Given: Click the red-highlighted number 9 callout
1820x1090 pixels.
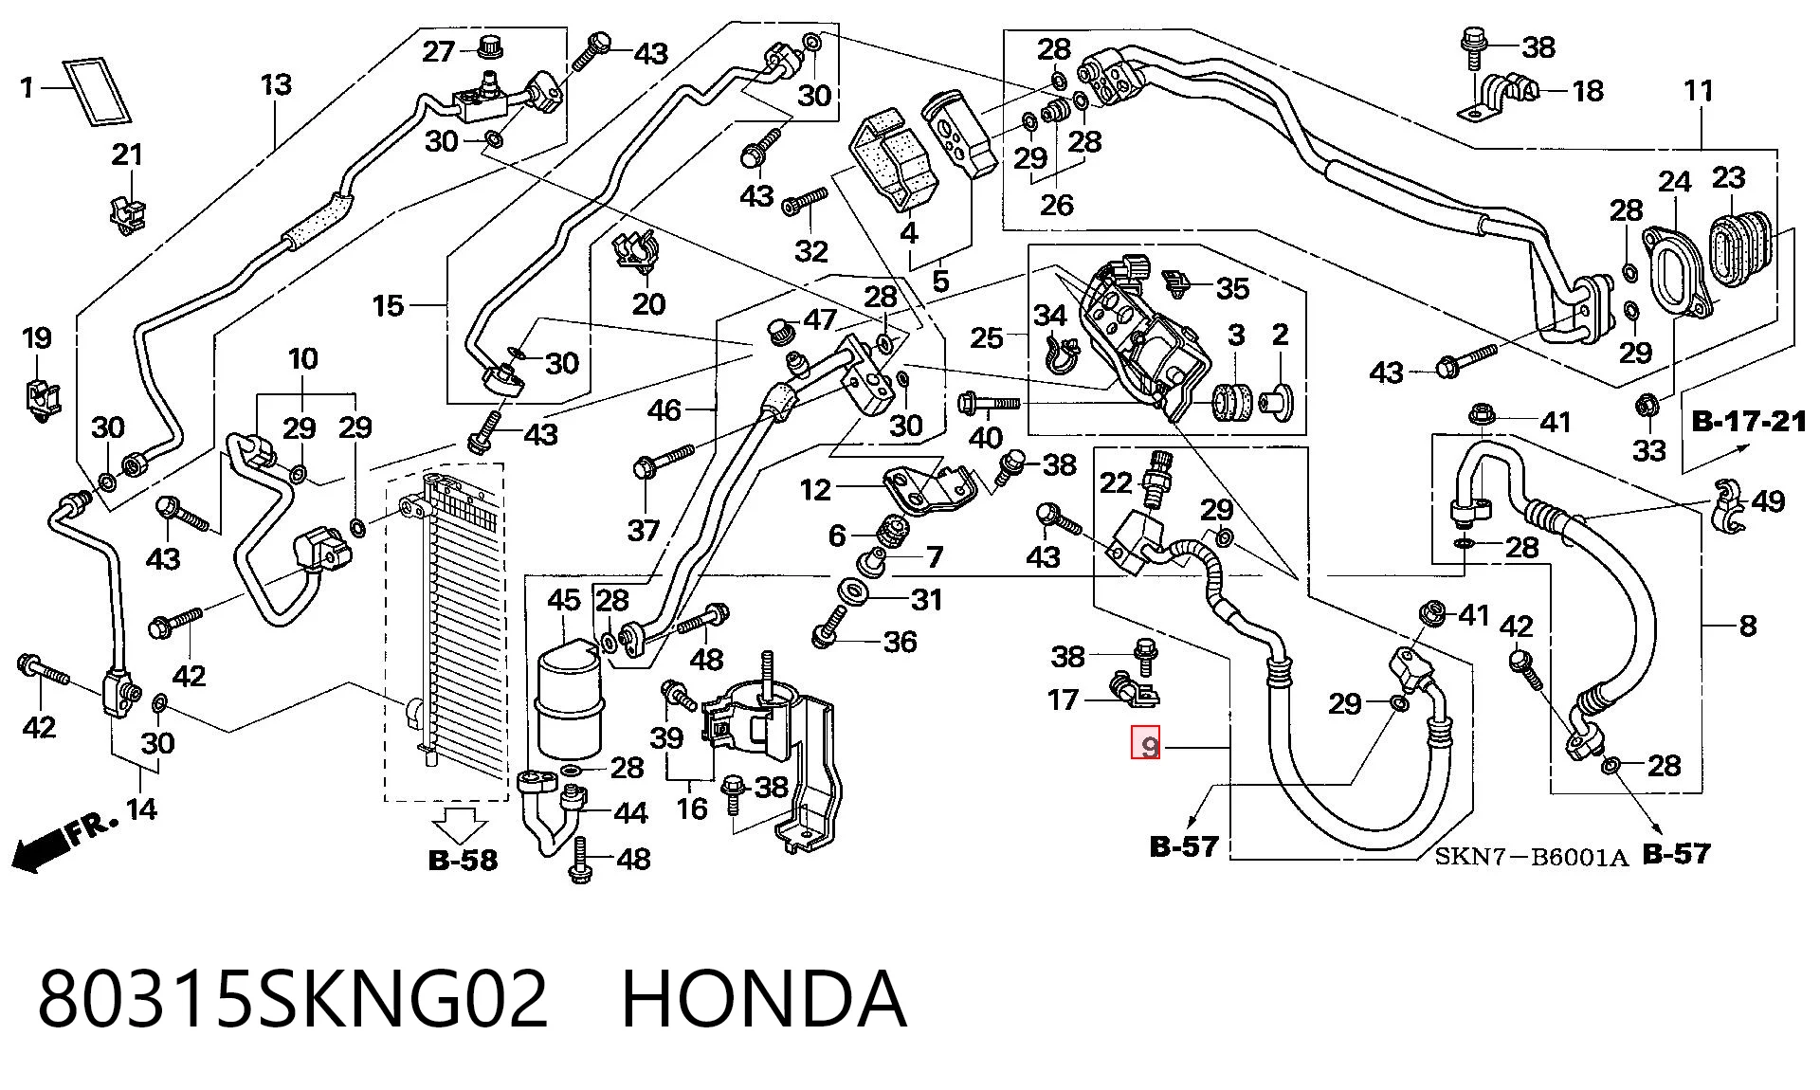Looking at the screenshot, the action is [x=1147, y=742].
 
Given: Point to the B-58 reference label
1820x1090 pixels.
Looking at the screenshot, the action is [x=463, y=860].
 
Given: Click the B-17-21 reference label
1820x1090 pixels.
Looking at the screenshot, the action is [x=1749, y=421].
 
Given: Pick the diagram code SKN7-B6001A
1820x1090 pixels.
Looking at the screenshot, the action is [x=1531, y=858].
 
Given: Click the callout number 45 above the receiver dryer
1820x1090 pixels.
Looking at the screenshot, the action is [x=564, y=599].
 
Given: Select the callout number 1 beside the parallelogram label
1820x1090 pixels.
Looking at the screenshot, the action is [x=27, y=88].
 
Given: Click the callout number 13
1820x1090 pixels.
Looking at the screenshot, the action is [x=276, y=84].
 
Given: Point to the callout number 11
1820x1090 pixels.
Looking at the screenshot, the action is [x=1699, y=91].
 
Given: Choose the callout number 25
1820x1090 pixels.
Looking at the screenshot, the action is [x=987, y=337].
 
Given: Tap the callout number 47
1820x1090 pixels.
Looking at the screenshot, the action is [x=820, y=320].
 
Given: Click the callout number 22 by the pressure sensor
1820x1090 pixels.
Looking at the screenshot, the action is [x=1116, y=483].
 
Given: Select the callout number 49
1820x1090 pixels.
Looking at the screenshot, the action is [x=1768, y=500].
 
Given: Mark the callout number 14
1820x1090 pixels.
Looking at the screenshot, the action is [x=141, y=808].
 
